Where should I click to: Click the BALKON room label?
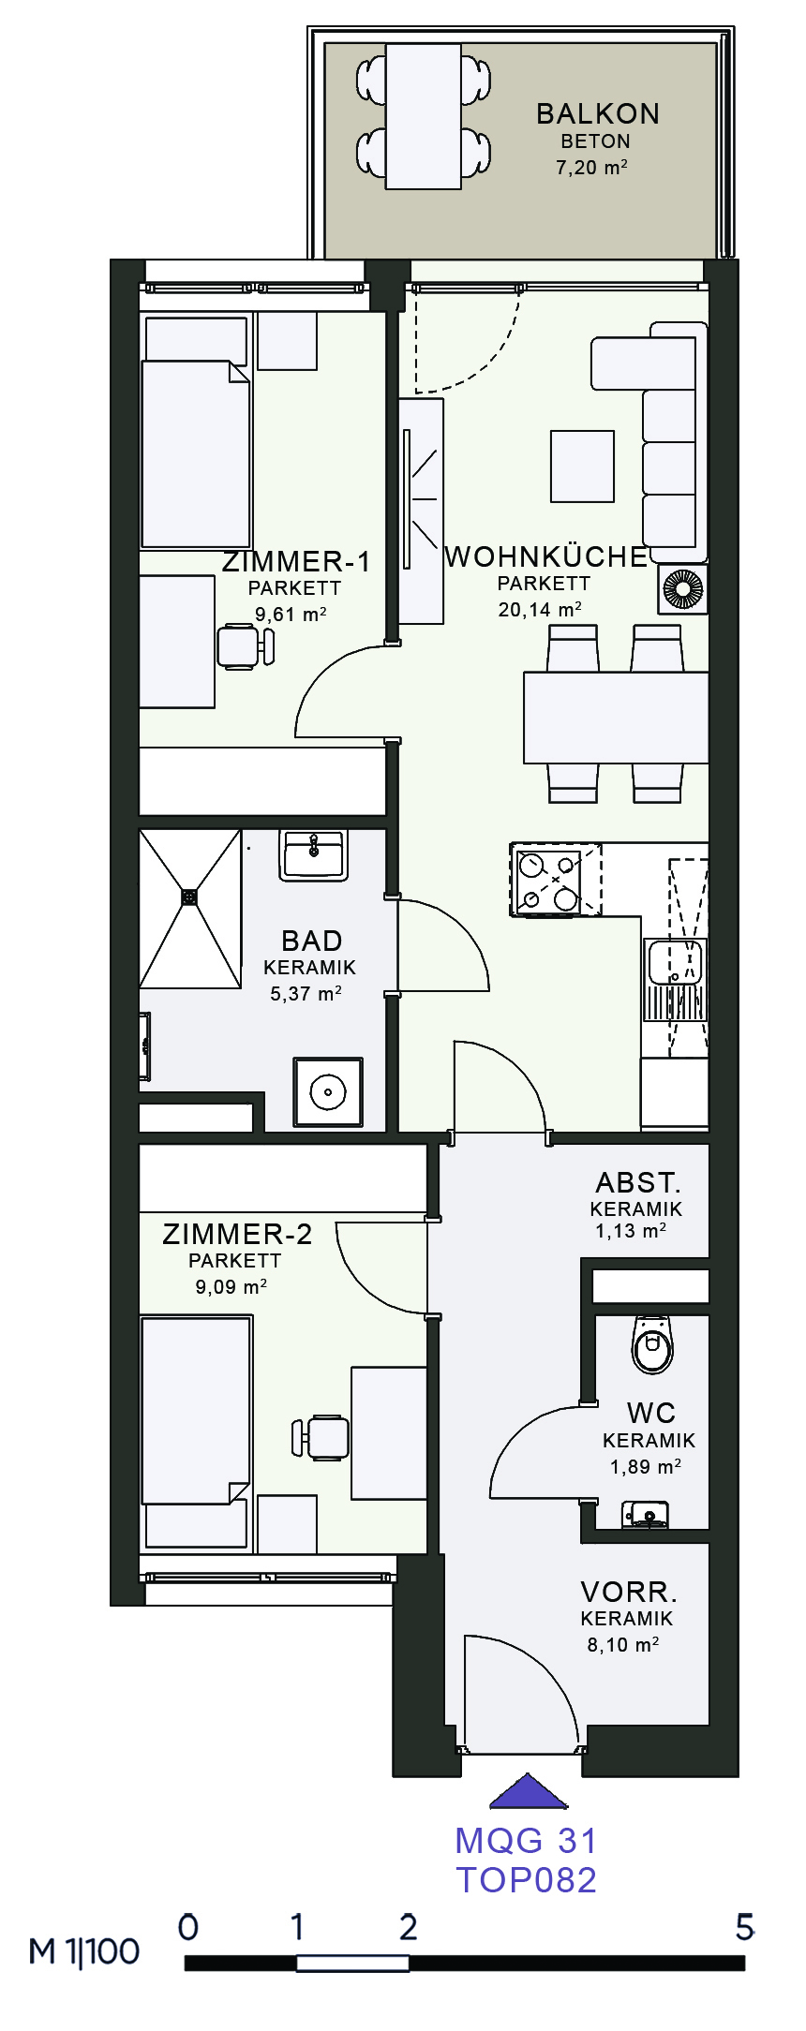[598, 113]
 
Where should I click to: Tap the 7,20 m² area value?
[591, 168]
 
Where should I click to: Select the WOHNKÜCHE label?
[546, 556]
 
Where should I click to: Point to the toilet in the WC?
[652, 1344]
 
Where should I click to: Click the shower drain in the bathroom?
[190, 897]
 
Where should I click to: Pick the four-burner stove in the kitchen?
[556, 880]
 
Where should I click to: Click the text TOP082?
[527, 1879]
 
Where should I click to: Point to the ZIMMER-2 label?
[237, 1234]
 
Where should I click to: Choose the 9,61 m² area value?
[291, 615]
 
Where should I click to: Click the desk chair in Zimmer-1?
[246, 646]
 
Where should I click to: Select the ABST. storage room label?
[638, 1183]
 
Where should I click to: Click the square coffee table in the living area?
[583, 467]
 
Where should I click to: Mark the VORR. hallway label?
[629, 1592]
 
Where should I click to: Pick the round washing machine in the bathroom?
[328, 1091]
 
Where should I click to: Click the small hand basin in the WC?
[647, 1513]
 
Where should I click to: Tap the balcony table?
[424, 116]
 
